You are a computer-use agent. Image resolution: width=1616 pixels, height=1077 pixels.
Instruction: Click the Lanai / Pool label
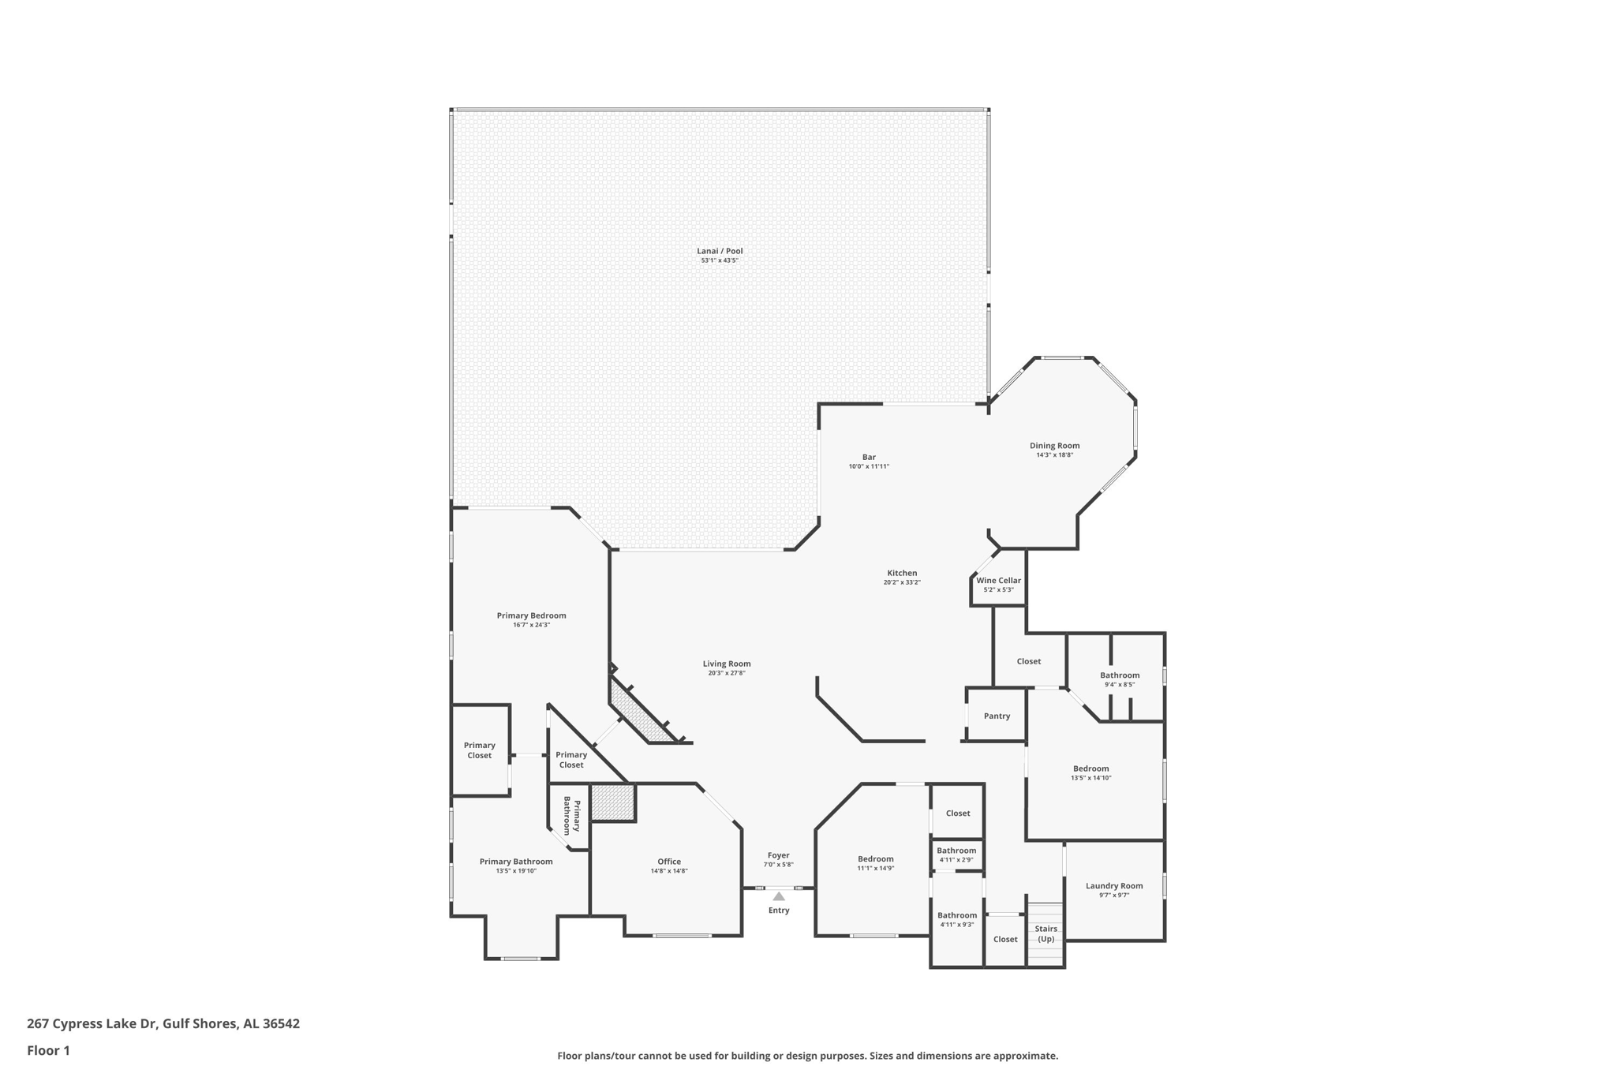pos(720,251)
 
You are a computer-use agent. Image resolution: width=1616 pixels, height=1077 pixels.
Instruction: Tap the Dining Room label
pos(1054,446)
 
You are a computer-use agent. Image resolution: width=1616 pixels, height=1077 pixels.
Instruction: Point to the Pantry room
pos(997,716)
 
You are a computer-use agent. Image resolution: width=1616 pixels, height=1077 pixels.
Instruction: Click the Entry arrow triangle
pos(779,896)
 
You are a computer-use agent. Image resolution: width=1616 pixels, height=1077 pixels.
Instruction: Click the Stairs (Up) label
pos(1046,934)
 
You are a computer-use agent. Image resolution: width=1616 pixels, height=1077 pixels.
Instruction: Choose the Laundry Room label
pos(1114,886)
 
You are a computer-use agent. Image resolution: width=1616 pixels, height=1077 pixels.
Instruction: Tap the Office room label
pos(669,862)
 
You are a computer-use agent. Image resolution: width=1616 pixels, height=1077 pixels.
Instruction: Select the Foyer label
pos(779,855)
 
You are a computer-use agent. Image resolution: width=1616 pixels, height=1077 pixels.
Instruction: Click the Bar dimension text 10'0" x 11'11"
pos(869,467)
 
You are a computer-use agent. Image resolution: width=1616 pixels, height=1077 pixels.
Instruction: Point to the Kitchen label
pos(902,573)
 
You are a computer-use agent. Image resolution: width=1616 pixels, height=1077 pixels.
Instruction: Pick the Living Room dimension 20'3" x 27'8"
pos(727,673)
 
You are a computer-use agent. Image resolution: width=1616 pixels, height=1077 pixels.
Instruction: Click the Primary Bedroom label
pos(531,615)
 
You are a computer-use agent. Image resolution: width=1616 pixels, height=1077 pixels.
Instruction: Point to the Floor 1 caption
pos(48,1051)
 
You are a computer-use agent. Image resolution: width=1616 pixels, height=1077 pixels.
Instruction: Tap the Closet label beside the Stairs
pos(1005,940)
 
